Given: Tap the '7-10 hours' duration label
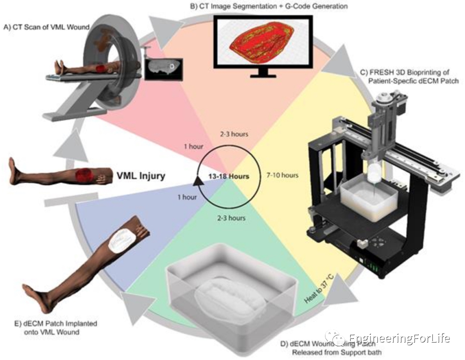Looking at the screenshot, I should click(x=282, y=175).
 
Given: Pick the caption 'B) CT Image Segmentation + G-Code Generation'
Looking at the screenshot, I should click(x=265, y=6).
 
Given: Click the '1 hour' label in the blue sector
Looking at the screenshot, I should click(x=186, y=198).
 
